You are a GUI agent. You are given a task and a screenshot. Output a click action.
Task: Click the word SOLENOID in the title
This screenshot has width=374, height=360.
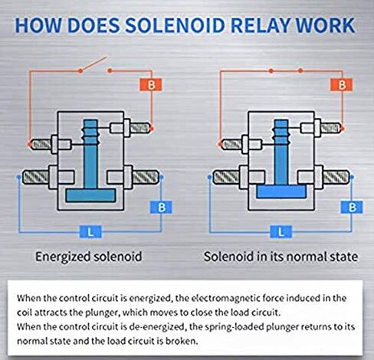(175, 25)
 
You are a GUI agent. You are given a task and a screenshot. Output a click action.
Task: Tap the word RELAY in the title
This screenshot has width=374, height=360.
(261, 25)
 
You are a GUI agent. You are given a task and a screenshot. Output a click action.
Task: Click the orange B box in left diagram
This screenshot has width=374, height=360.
(151, 85)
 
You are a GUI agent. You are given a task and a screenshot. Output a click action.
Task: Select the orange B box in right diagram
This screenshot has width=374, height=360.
(342, 85)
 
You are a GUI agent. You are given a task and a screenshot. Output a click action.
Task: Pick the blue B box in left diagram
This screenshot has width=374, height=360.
(161, 208)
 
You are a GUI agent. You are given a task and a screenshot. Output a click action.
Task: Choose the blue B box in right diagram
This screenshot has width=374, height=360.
(352, 208)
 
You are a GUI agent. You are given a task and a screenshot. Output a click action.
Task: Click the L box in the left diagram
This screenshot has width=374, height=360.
(90, 232)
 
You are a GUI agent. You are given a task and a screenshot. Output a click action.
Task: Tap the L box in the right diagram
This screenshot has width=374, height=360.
(280, 232)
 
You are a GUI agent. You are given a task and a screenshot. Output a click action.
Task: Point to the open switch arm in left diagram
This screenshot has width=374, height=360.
(93, 64)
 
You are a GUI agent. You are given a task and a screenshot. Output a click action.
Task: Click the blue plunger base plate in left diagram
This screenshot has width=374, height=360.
(90, 195)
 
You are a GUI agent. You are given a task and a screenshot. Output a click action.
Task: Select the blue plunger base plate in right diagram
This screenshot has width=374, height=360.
(281, 191)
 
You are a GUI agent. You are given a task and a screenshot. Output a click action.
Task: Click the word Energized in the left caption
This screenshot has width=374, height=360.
(63, 257)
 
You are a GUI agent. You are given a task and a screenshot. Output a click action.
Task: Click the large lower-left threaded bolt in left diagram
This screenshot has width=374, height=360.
(36, 177)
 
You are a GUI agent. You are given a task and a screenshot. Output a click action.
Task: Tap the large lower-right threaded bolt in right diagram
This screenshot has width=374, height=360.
(335, 177)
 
